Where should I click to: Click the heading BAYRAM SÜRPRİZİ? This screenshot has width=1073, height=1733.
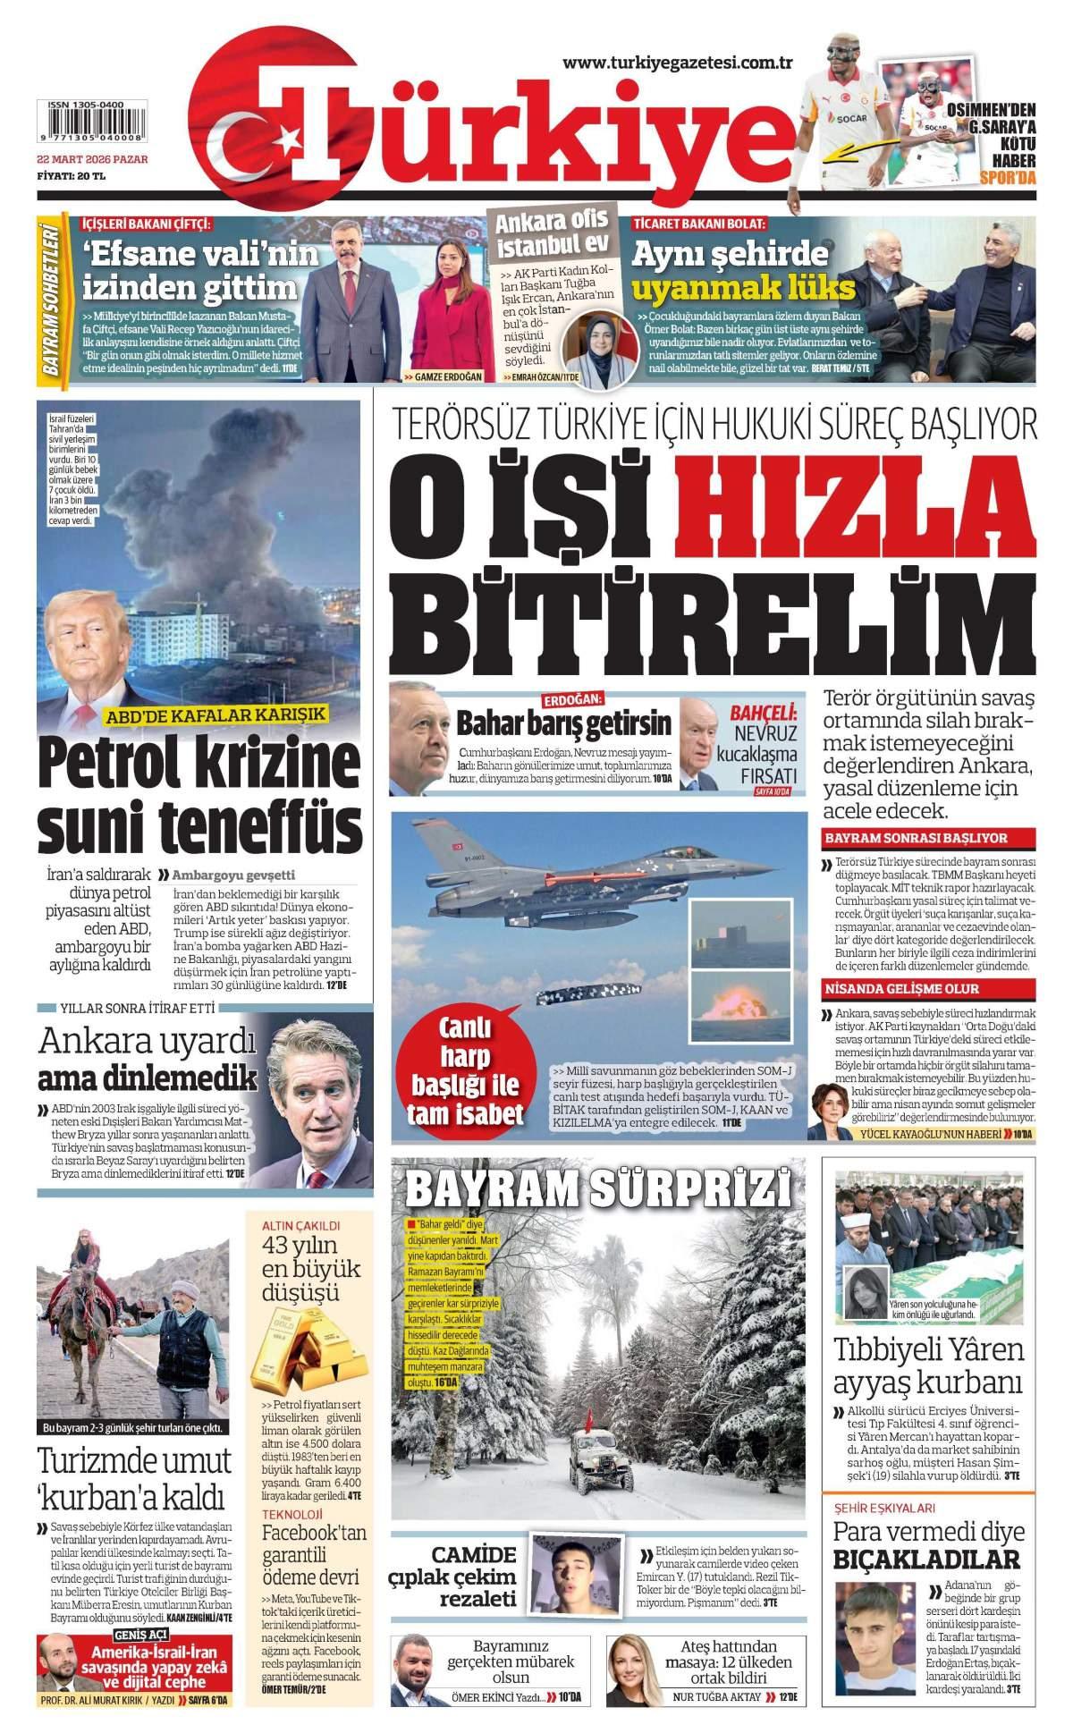598,1189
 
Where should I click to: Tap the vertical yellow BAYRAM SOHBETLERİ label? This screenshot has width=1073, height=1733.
52,299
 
